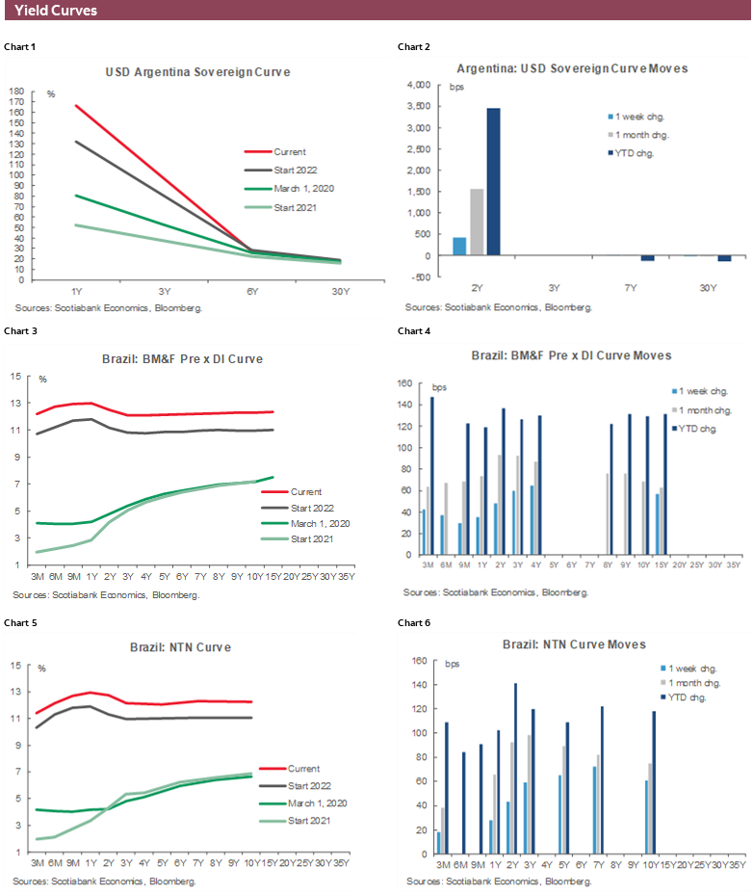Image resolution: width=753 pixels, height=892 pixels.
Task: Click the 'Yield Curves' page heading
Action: pyautogui.click(x=56, y=11)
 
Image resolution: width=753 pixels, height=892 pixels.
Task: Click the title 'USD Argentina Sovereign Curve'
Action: pyautogui.click(x=197, y=72)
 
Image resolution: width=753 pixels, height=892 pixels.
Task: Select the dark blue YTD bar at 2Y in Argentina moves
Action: pyautogui.click(x=494, y=181)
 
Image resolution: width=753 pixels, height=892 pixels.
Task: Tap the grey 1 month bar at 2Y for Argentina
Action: pyautogui.click(x=477, y=222)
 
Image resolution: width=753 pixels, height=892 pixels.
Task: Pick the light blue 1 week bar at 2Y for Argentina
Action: pyautogui.click(x=459, y=246)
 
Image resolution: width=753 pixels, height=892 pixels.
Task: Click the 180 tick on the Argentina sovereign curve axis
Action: pyautogui.click(x=17, y=92)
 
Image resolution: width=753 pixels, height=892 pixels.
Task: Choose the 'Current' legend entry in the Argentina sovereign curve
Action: pyautogui.click(x=290, y=151)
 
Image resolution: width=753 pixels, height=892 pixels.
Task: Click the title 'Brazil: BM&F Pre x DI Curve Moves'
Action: pyautogui.click(x=571, y=355)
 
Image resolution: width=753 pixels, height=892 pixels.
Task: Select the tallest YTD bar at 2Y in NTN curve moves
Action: pyautogui.click(x=515, y=769)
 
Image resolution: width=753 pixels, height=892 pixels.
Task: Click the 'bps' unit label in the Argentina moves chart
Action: pyautogui.click(x=456, y=87)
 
